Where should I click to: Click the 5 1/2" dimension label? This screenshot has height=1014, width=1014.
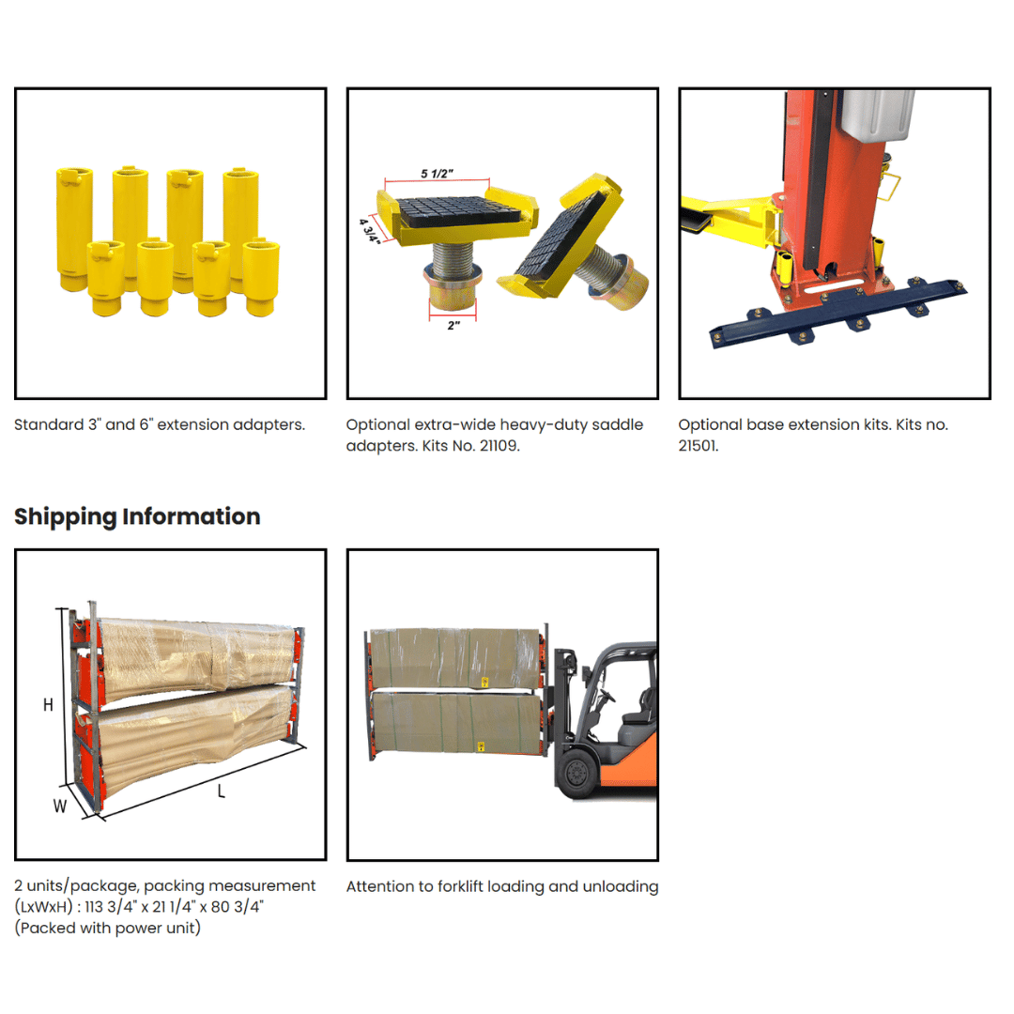(x=437, y=174)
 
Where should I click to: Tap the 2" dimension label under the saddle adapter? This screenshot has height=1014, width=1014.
(x=453, y=325)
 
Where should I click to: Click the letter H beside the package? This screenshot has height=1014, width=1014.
(x=49, y=705)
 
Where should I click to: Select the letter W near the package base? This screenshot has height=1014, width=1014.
(x=59, y=806)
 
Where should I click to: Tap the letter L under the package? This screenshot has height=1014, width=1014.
(x=222, y=791)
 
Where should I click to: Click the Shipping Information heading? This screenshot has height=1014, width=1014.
(x=137, y=516)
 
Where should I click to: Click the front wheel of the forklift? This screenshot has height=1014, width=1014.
(x=576, y=772)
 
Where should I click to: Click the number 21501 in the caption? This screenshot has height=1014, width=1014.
(x=698, y=446)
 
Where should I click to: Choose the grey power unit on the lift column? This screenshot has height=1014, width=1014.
(x=877, y=114)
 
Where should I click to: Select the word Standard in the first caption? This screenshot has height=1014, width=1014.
(x=49, y=425)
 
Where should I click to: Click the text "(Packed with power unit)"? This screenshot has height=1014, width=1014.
(x=107, y=928)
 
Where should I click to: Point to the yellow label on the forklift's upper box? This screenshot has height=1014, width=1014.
(x=484, y=683)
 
